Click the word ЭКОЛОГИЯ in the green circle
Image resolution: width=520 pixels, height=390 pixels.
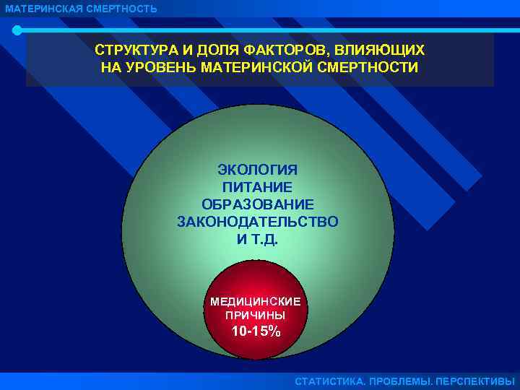coord(257,170)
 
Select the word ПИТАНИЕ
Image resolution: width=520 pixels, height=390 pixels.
coord(257,187)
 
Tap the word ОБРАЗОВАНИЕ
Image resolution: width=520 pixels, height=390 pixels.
coord(257,204)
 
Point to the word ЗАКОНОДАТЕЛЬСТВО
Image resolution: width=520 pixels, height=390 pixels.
coord(257,222)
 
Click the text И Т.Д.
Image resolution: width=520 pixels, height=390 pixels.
coord(257,239)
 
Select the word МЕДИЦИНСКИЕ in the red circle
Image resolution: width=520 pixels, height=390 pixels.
coord(255,301)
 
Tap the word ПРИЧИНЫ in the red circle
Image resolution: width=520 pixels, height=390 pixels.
coord(255,316)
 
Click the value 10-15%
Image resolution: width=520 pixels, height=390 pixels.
coord(256,332)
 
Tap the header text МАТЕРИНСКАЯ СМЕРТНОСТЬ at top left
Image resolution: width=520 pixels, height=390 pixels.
coord(80,9)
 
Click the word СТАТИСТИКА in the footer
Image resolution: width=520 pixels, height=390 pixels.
coord(329,381)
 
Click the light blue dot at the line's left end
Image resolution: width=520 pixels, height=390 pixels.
coord(17,30)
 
